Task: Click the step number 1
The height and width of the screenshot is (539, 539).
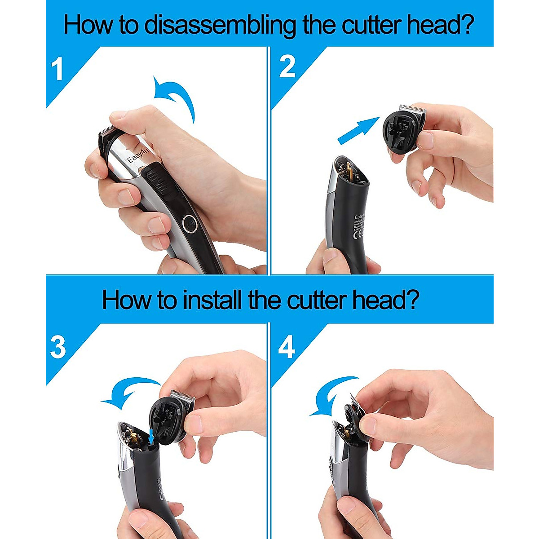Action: pyautogui.click(x=57, y=70)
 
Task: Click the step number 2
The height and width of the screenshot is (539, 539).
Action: pyautogui.click(x=287, y=67)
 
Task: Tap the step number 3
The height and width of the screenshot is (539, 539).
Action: pyautogui.click(x=57, y=347)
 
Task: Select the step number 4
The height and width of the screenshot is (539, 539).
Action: pyautogui.click(x=287, y=347)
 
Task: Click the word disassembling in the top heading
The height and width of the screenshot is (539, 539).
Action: pyautogui.click(x=220, y=25)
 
